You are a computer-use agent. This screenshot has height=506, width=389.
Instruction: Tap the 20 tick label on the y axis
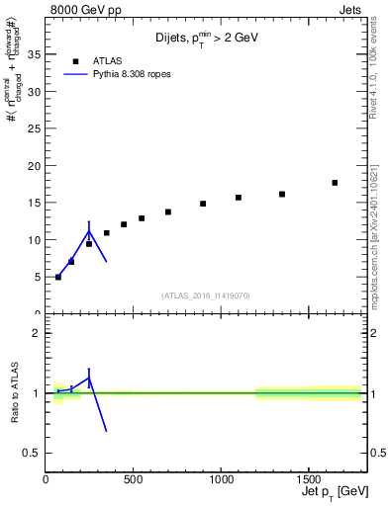click(36, 165)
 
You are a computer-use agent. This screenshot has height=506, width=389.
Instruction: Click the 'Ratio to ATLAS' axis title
click(14, 392)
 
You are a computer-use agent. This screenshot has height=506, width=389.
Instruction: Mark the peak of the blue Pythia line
click(89, 232)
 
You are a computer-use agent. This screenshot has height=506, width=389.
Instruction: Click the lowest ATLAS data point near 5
click(58, 277)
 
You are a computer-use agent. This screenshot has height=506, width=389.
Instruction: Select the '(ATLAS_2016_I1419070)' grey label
click(207, 295)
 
